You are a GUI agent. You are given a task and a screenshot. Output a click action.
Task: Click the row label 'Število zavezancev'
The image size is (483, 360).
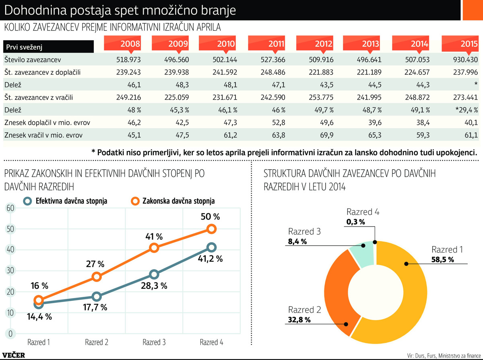coord(32,60)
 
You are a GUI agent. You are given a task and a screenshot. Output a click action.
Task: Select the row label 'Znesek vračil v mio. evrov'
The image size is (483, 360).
coord(43,135)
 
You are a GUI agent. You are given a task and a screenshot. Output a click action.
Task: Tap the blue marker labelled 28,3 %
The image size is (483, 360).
coord(154,274)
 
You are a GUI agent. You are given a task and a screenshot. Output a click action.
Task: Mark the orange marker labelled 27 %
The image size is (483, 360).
coord(97,276)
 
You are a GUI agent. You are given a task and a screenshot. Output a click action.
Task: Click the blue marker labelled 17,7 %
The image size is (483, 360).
coord(97,296)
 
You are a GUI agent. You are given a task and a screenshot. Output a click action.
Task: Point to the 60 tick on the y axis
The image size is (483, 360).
coord(10,208)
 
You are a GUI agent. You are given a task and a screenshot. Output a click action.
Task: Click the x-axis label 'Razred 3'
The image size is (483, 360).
coord(154,342)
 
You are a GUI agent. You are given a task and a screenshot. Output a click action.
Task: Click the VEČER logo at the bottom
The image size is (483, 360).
coord(13,355)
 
